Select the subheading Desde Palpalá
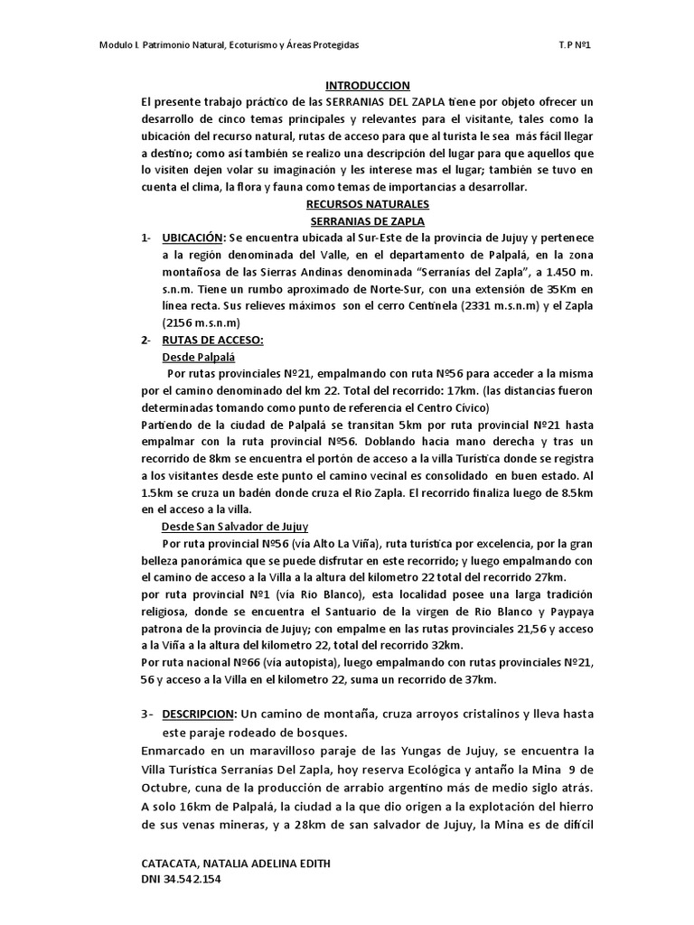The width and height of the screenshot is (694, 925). pyautogui.click(x=192, y=357)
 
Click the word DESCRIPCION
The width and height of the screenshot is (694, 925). pyautogui.click(x=201, y=714)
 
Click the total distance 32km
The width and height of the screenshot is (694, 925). pyautogui.click(x=442, y=646)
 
